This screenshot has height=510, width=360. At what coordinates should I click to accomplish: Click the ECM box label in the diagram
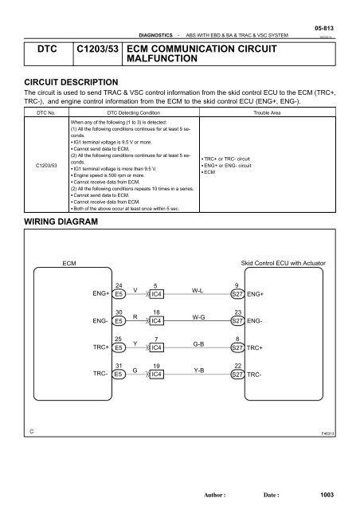tap(70, 261)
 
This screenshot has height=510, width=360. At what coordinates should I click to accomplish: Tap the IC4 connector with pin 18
tap(158, 320)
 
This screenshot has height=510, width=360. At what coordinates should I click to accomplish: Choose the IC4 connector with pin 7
tap(158, 347)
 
